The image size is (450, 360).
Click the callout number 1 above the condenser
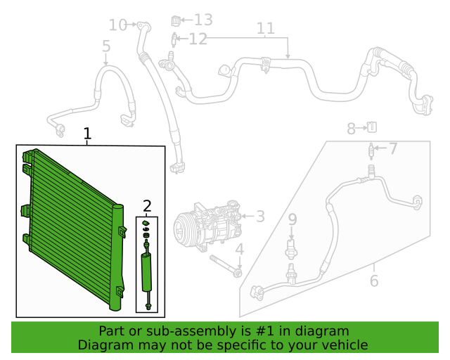pyautogui.click(x=87, y=134)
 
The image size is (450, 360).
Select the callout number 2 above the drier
pyautogui.click(x=147, y=206)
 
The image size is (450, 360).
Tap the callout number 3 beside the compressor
pyautogui.click(x=260, y=217)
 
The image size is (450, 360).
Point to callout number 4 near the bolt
pyautogui.click(x=239, y=250)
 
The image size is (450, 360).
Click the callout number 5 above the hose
pyautogui.click(x=106, y=47)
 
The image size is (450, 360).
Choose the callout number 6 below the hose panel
pyautogui.click(x=373, y=281)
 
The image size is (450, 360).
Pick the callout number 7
pyautogui.click(x=393, y=148)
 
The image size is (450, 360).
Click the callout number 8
pyautogui.click(x=351, y=128)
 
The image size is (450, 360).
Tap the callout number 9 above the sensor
pyautogui.click(x=293, y=220)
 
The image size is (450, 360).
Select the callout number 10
pyautogui.click(x=117, y=25)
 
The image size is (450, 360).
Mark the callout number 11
pyautogui.click(x=265, y=29)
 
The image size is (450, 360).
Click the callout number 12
pyautogui.click(x=198, y=39)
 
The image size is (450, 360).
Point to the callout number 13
pyautogui.click(x=203, y=20)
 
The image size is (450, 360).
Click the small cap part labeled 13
pyautogui.click(x=176, y=20)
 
